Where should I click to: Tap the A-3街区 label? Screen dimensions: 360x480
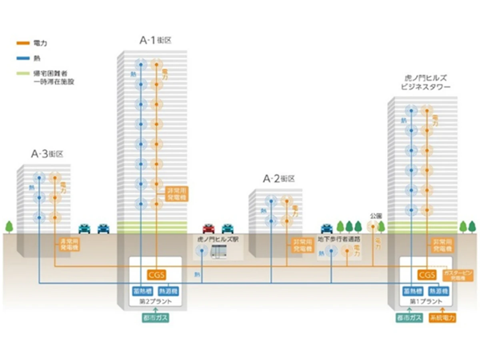click(47, 154)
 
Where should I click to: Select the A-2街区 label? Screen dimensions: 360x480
click(278, 179)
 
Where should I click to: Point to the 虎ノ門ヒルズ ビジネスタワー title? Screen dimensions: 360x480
click(425, 82)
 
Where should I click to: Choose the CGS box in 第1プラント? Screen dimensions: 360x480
click(427, 275)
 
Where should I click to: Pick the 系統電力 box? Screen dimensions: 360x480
click(442, 318)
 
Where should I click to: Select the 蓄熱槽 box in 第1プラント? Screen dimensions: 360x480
click(411, 291)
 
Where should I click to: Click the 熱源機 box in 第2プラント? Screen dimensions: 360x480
click(168, 291)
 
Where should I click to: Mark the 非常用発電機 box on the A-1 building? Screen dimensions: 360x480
click(176, 194)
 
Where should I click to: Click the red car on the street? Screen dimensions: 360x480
click(208, 228)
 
